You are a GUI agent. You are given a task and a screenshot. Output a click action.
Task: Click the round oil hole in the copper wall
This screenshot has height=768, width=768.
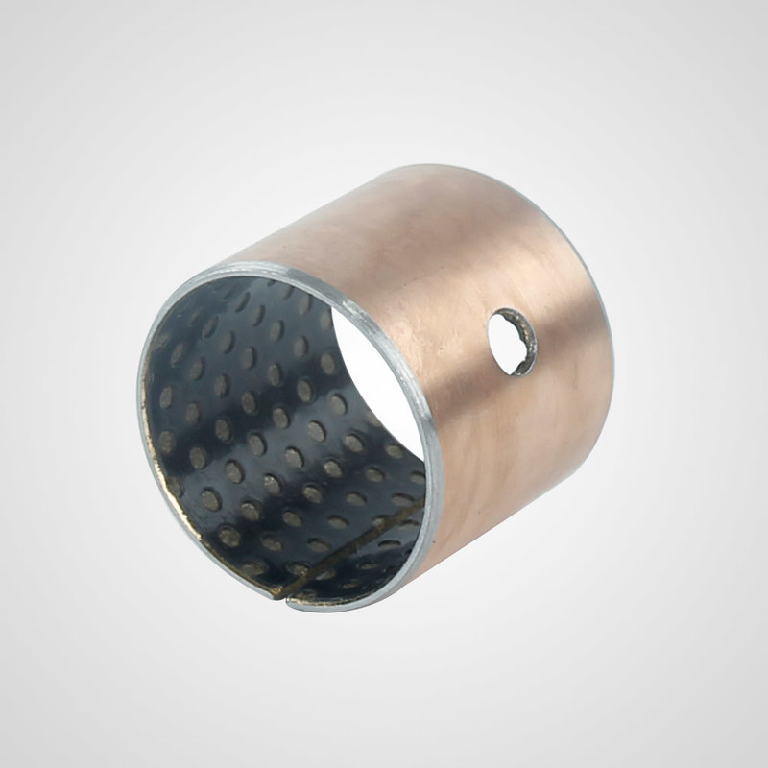(x=510, y=338)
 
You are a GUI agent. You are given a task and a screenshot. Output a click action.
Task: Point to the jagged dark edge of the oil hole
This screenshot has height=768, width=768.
(x=525, y=357)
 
